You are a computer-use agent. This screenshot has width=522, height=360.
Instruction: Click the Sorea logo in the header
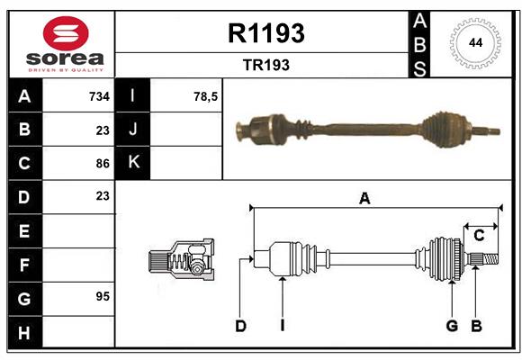[x=62, y=44]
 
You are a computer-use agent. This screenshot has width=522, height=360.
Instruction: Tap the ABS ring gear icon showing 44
[x=472, y=43]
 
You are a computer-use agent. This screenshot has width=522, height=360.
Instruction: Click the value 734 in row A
[x=98, y=95]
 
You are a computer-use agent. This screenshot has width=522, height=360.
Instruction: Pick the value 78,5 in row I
[x=205, y=95]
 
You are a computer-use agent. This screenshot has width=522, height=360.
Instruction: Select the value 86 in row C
[x=102, y=163]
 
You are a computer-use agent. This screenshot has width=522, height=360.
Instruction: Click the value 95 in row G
[x=102, y=296]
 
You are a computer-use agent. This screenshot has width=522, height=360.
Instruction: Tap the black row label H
[x=23, y=332]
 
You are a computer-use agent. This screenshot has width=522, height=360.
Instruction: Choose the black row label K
[x=133, y=163]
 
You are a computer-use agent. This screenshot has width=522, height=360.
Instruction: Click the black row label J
[x=133, y=130]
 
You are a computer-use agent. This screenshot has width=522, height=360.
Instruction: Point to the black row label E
[x=23, y=231]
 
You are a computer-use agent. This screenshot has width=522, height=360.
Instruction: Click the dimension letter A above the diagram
[x=364, y=199]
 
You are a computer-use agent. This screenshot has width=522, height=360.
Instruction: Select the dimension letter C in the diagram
[x=479, y=236]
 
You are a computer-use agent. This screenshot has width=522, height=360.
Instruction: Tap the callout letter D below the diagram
[x=240, y=326]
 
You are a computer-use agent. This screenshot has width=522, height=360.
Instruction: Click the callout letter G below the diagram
[x=452, y=326]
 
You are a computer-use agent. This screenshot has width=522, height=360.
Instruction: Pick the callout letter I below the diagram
[x=282, y=326]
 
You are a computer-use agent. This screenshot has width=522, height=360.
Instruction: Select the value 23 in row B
[x=102, y=130]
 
